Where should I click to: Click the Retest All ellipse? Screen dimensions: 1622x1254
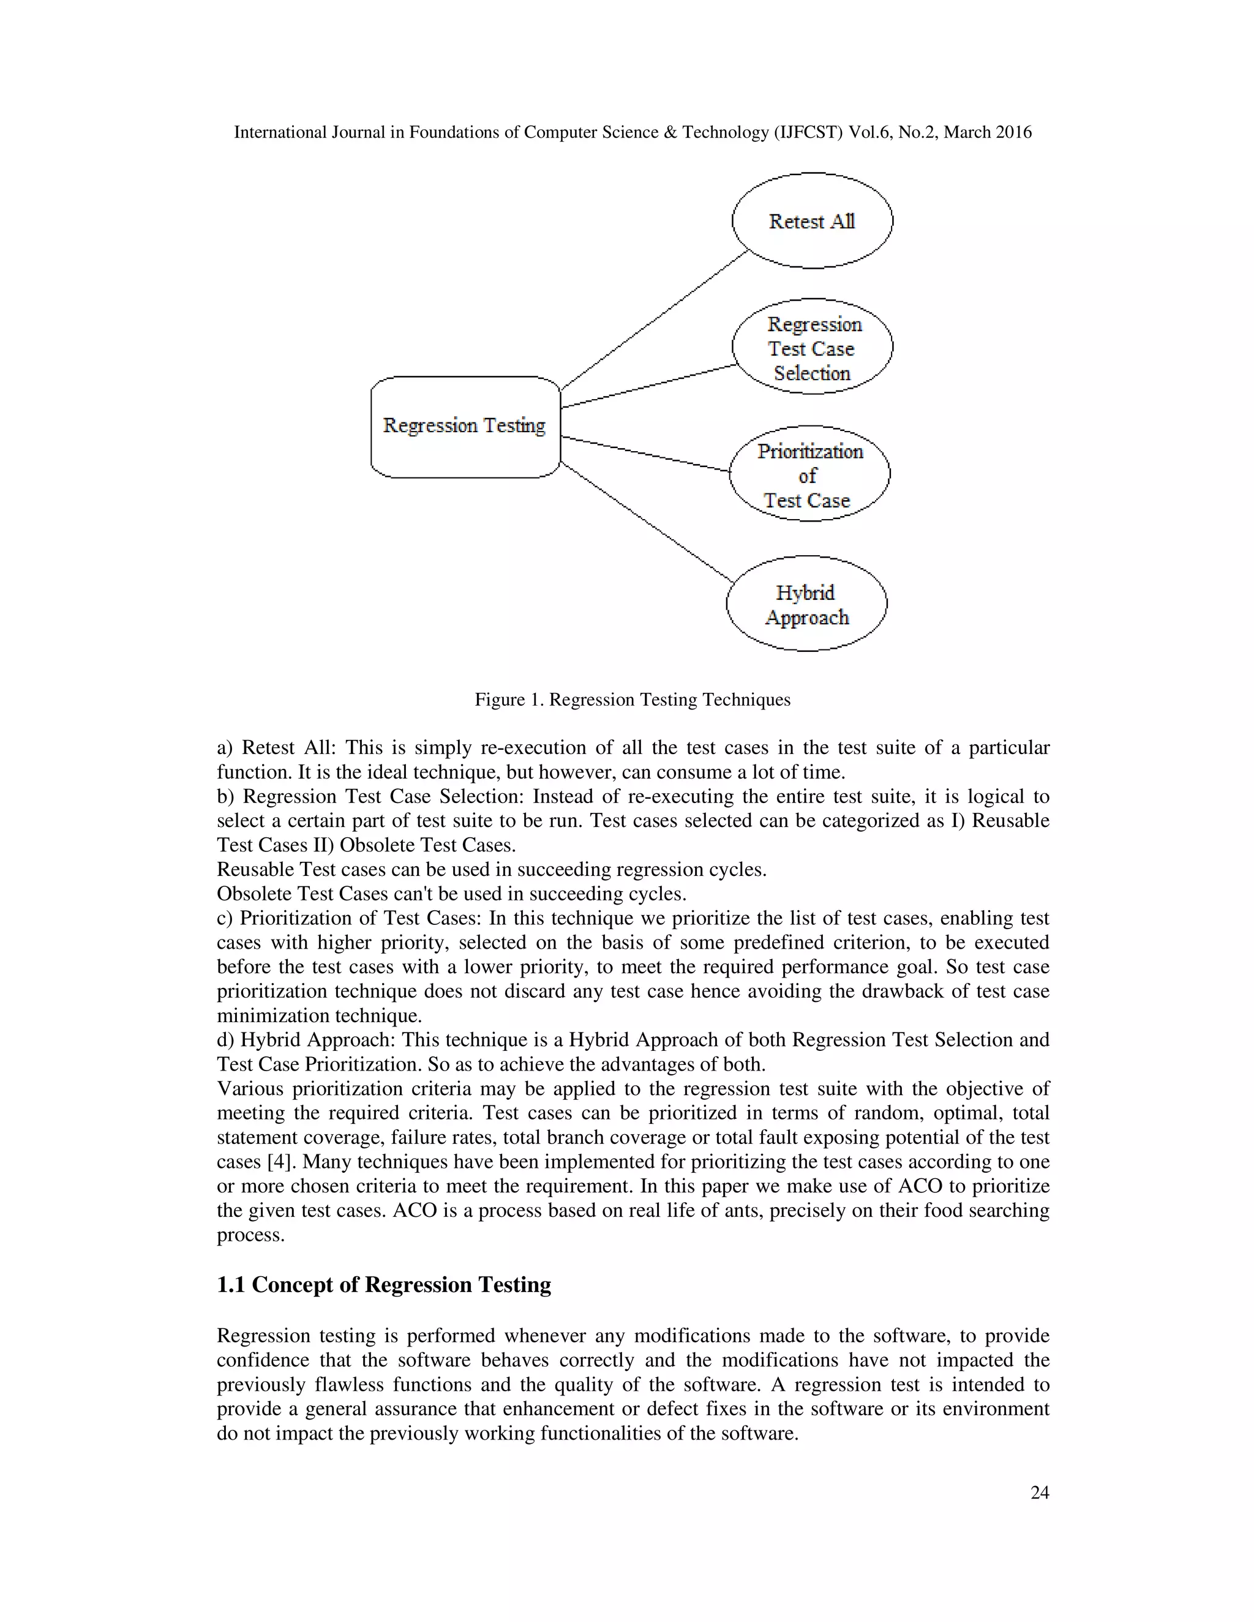pos(812,220)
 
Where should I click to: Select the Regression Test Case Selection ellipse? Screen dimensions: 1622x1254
pos(812,347)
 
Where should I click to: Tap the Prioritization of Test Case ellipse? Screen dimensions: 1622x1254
pos(809,474)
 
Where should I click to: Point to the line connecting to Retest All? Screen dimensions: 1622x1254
pos(654,320)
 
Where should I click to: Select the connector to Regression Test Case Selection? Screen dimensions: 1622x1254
pos(648,386)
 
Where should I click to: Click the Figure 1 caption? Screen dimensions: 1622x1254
pos(632,700)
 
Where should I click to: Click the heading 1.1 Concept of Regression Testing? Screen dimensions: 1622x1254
pos(383,1285)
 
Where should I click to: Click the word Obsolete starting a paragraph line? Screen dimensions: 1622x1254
pos(253,894)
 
